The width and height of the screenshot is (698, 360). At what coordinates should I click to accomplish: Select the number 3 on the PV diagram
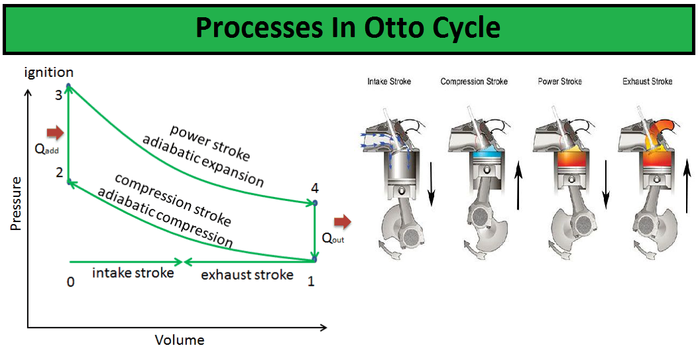58,95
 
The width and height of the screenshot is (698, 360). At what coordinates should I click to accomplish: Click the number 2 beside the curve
59,173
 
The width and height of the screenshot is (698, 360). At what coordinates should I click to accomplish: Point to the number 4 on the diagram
315,188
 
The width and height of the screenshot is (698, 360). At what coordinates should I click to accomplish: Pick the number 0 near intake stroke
70,282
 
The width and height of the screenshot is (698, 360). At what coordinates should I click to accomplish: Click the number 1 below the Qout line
311,282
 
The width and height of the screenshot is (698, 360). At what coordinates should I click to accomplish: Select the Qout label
333,238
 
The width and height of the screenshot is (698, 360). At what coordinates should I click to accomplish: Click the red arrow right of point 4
342,221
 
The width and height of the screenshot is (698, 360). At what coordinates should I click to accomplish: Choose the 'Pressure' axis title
16,204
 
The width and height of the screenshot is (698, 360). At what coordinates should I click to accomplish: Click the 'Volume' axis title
180,341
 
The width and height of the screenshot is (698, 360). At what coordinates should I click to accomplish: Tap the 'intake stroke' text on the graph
133,272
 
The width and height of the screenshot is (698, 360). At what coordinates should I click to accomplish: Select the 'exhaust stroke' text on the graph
247,274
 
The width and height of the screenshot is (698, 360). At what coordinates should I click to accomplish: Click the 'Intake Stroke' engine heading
389,82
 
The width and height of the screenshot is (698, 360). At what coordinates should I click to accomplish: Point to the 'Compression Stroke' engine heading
474,82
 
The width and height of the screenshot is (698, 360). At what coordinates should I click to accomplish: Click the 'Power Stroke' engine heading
559,82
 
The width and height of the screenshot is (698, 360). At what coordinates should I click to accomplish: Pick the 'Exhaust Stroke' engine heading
647,82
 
